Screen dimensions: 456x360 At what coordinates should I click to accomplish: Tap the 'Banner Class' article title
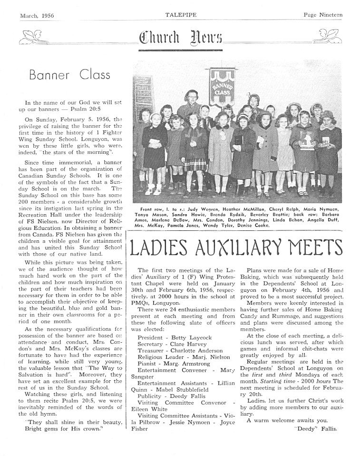coord(69,75)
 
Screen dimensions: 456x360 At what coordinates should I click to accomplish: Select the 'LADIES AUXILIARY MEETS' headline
coord(236,248)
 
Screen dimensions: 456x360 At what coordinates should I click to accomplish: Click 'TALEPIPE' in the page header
coord(179,15)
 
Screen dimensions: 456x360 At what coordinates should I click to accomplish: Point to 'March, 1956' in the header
coord(37,15)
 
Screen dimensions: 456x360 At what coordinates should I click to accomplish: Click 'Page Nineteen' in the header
coord(323,15)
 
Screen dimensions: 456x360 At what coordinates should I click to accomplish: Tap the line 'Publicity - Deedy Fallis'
coord(171,396)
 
